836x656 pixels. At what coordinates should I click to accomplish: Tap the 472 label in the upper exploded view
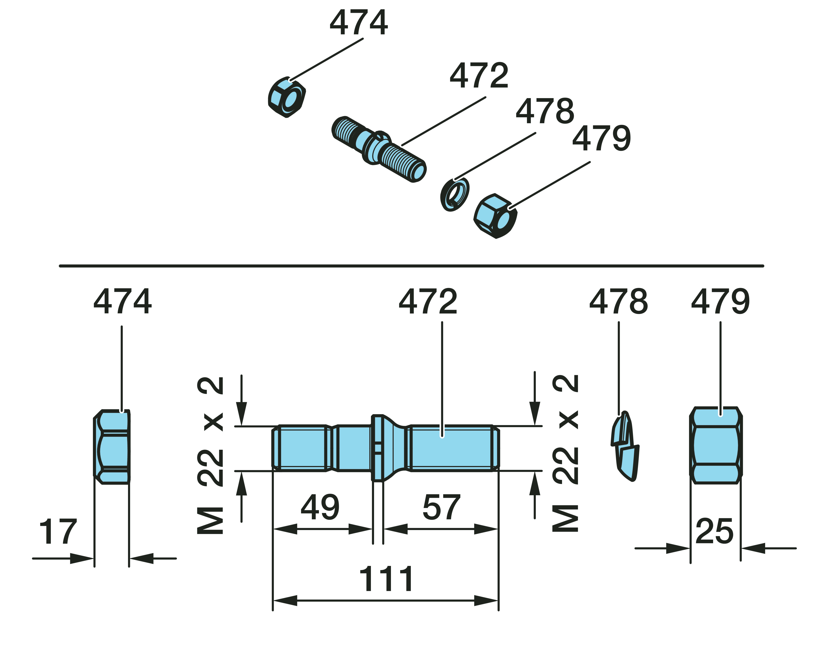point(479,76)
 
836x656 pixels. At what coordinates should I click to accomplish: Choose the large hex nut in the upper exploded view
point(495,216)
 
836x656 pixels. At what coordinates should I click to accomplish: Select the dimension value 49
point(320,508)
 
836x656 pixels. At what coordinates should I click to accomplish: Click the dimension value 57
point(441,508)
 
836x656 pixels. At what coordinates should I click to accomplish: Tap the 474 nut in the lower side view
point(112,447)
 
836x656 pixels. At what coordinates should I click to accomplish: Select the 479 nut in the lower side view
point(716,445)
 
